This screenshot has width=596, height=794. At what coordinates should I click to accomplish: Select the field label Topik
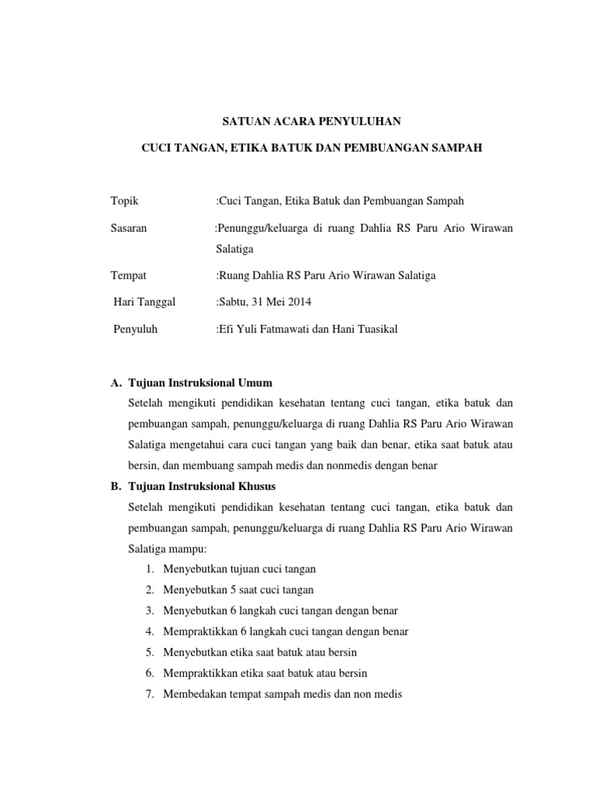point(126,201)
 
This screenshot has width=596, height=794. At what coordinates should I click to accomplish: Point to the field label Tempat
point(130,275)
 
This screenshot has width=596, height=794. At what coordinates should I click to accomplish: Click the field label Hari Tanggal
point(144,302)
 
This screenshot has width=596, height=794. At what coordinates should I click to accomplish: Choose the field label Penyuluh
point(135,330)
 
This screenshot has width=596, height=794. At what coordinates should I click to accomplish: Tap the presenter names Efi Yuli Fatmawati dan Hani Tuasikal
point(308,330)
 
